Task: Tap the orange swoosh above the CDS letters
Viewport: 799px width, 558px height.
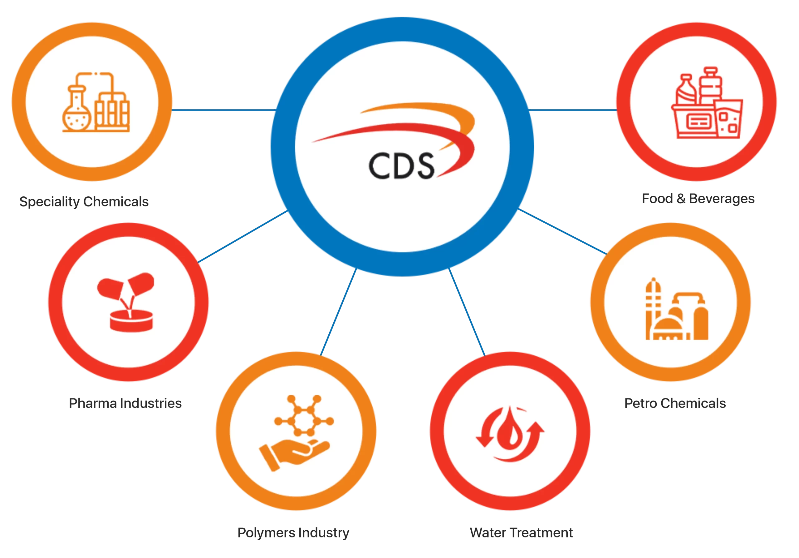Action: pyautogui.click(x=418, y=107)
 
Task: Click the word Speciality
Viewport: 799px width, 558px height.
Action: pyautogui.click(x=49, y=201)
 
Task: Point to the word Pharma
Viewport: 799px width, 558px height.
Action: pyautogui.click(x=93, y=403)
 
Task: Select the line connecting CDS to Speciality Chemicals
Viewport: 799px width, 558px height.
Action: pyautogui.click(x=223, y=110)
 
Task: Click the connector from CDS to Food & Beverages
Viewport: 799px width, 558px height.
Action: pyautogui.click(x=572, y=110)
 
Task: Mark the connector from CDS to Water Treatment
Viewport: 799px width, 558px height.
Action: pyautogui.click(x=467, y=312)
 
